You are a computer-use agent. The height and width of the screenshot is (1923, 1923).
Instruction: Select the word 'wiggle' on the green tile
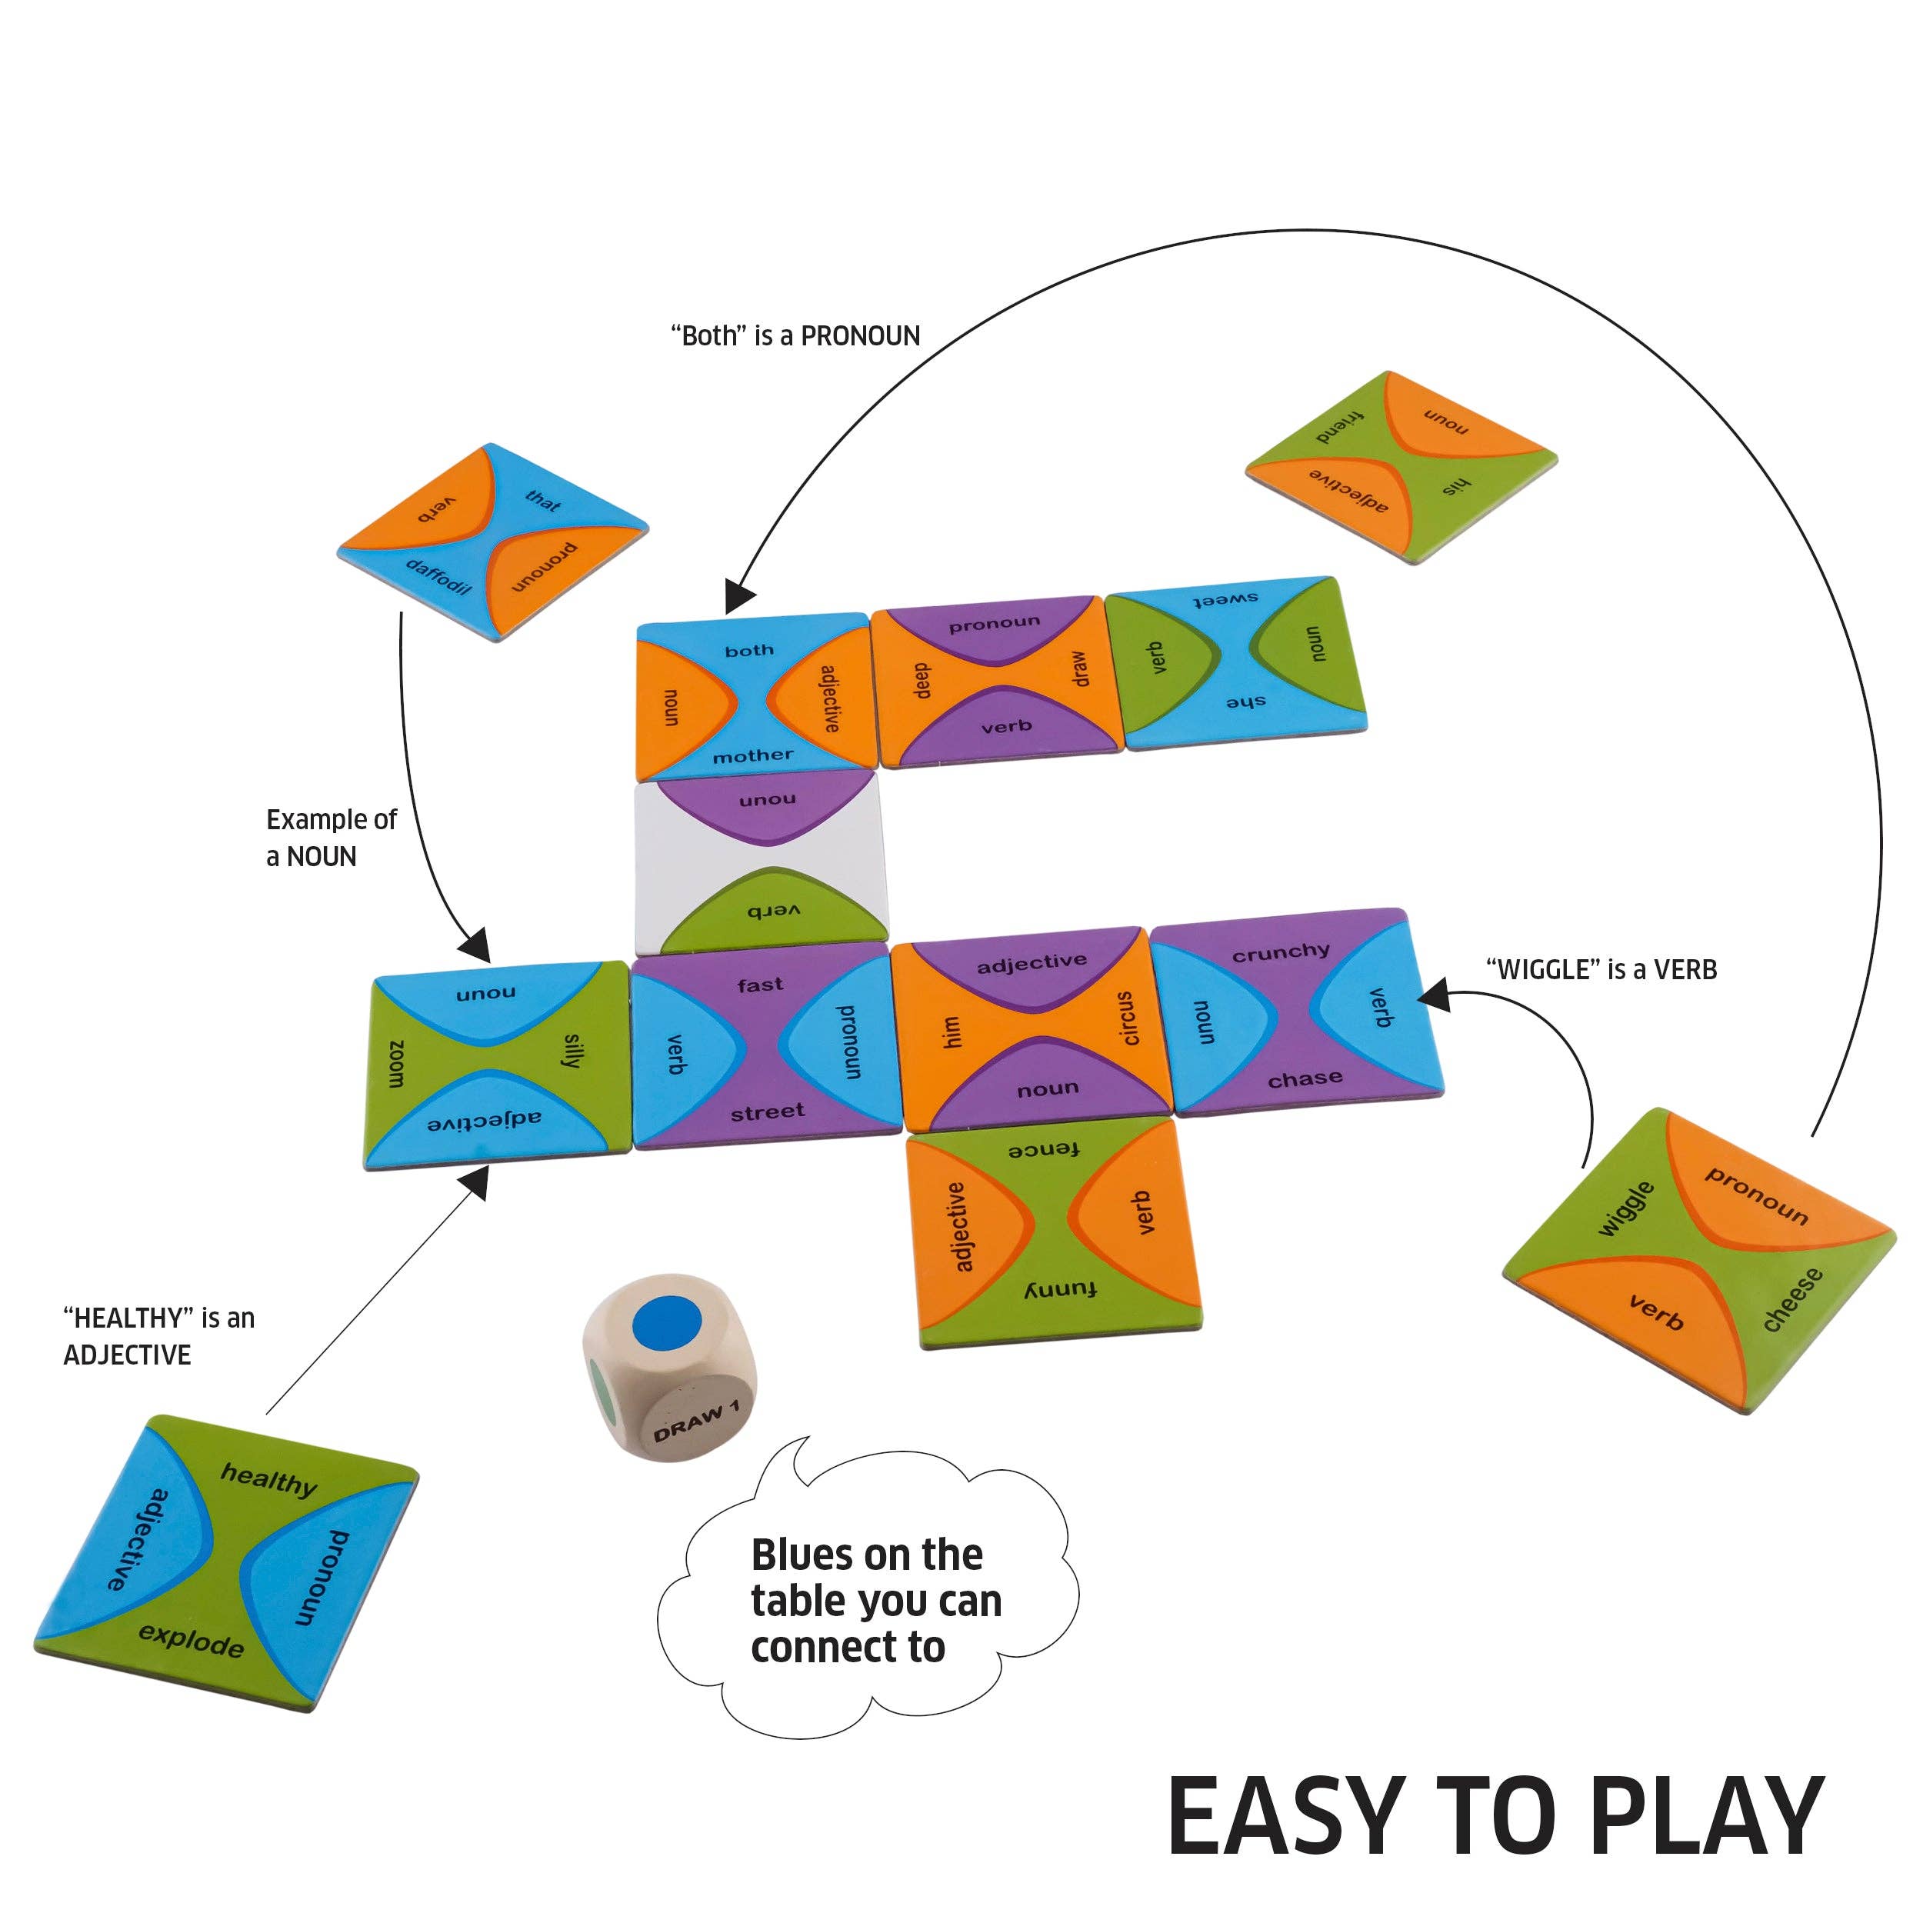[x=1625, y=1209]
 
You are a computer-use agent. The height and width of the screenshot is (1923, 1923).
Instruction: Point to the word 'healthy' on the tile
[x=268, y=1480]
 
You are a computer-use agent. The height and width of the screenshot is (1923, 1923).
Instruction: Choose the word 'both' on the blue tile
[x=749, y=650]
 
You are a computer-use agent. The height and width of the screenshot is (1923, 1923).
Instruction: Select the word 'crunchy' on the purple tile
[x=1280, y=952]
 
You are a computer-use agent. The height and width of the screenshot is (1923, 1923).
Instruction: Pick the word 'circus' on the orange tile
[x=1128, y=1018]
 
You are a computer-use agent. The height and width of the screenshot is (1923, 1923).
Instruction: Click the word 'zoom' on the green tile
[x=395, y=1063]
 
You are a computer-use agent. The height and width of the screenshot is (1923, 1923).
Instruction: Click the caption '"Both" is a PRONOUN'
[x=795, y=336]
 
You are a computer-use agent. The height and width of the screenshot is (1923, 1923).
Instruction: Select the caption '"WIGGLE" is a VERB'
[x=1601, y=969]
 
